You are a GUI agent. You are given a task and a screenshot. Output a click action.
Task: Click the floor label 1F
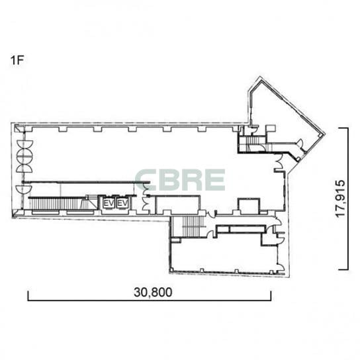pyautogui.click(x=17, y=60)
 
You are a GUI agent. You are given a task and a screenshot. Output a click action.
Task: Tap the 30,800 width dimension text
pyautogui.click(x=153, y=292)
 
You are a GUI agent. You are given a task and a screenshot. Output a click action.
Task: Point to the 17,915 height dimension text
pyautogui.click(x=340, y=198)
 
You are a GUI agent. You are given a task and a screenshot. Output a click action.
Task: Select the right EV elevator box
pyautogui.click(x=122, y=203)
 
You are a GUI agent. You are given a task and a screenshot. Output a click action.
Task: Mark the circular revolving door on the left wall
pyautogui.click(x=24, y=157)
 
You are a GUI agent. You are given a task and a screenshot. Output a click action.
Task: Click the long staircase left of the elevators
pyautogui.click(x=57, y=204)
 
